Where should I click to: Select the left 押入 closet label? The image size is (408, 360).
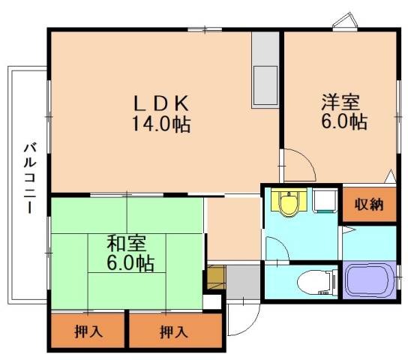tap(88, 331)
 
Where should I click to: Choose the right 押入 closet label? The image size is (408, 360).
tap(174, 331)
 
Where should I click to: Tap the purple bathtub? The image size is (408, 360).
tap(370, 280)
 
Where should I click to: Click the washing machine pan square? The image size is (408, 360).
tap(323, 200)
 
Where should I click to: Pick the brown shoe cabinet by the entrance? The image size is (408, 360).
tap(214, 277)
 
